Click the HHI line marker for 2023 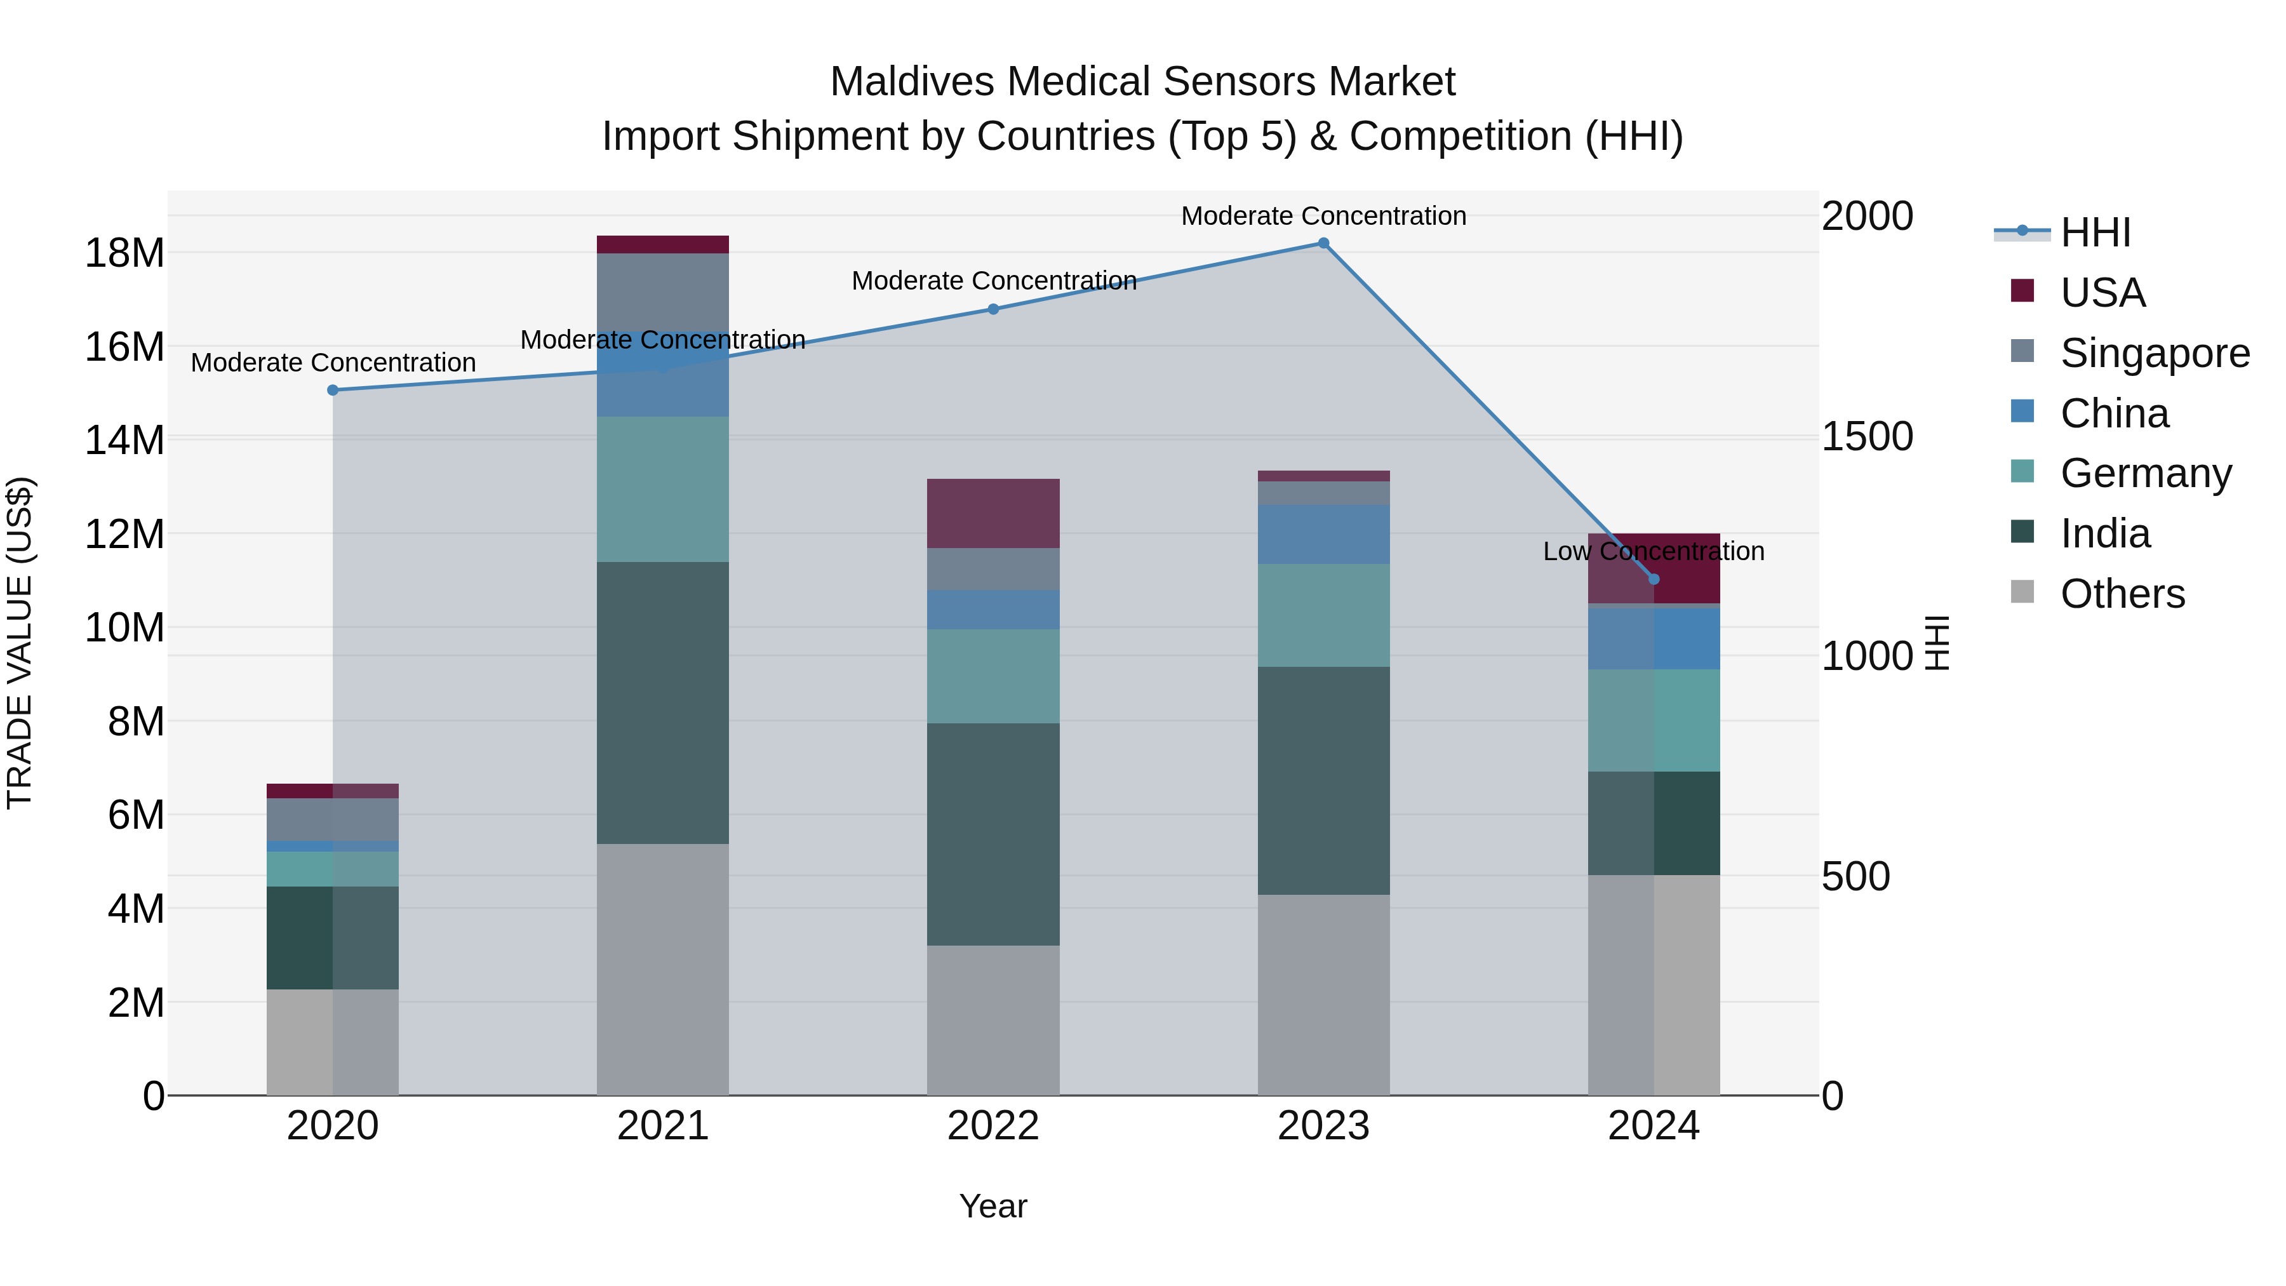1323,243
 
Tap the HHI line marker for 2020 333,390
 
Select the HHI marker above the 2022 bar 993,309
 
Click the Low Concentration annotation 1654,551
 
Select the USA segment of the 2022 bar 993,513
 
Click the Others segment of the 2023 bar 1323,994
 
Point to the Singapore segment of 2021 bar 663,293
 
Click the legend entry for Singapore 2154,352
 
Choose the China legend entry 2114,413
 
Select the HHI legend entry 2094,232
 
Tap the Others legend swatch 2022,592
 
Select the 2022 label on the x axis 993,1126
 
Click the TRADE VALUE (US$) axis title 20,643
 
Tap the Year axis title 993,1206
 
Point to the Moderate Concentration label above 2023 1323,216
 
